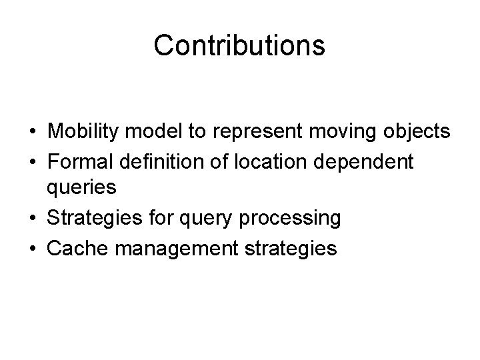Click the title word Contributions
(x=239, y=45)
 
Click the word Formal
(x=77, y=161)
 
